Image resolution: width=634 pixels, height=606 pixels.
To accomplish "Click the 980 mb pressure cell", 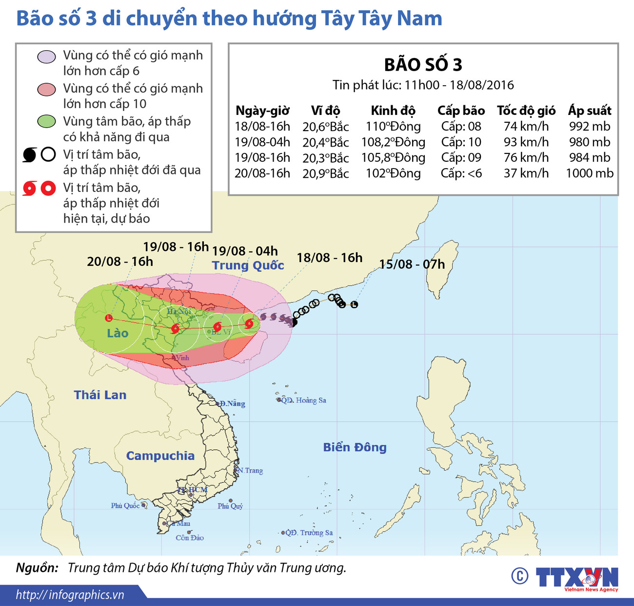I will coord(589,142).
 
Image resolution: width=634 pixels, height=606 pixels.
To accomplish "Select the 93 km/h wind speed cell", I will coord(526,142).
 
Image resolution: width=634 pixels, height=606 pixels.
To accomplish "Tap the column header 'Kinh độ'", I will coord(393,111).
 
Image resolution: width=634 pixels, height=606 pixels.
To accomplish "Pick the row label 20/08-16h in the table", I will coord(262,173).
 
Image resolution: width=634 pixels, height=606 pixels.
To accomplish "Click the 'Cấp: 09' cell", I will coord(461,157).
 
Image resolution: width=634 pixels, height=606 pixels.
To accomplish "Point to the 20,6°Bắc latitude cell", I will coord(325,127).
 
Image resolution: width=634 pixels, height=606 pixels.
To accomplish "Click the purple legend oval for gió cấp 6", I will coord(47,57).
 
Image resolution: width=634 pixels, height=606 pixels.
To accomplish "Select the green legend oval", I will coord(47,121).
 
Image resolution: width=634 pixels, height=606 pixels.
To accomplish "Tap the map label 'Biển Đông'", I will coord(355,447).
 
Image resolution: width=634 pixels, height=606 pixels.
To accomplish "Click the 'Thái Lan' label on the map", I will coord(100,395).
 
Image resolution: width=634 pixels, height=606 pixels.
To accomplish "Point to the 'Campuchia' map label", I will coord(160,455).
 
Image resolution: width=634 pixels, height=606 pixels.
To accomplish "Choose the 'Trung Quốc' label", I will coord(248,265).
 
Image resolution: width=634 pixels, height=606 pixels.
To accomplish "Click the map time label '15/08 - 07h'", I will coord(412,264).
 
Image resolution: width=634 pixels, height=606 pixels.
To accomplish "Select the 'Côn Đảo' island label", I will coord(190,538).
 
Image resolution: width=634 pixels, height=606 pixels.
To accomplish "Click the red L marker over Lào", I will coord(109,318).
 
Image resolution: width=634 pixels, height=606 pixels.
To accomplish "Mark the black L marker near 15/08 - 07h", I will coord(355,304).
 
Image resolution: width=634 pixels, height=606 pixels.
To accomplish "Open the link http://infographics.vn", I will coord(70,595).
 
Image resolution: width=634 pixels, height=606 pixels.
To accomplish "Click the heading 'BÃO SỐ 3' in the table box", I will coord(423,65).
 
